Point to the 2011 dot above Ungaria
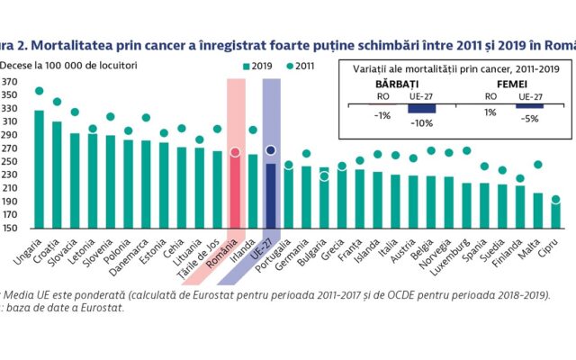point(39,91)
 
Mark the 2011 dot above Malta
point(538,165)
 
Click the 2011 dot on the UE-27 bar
point(271,150)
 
